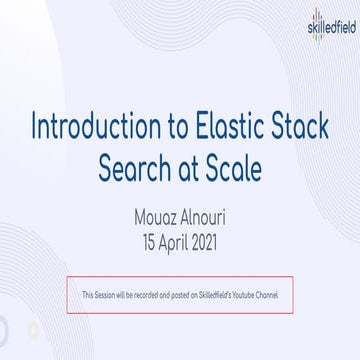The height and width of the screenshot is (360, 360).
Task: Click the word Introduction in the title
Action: coord(86,128)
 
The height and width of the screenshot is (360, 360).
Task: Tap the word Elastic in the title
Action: coord(228,128)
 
